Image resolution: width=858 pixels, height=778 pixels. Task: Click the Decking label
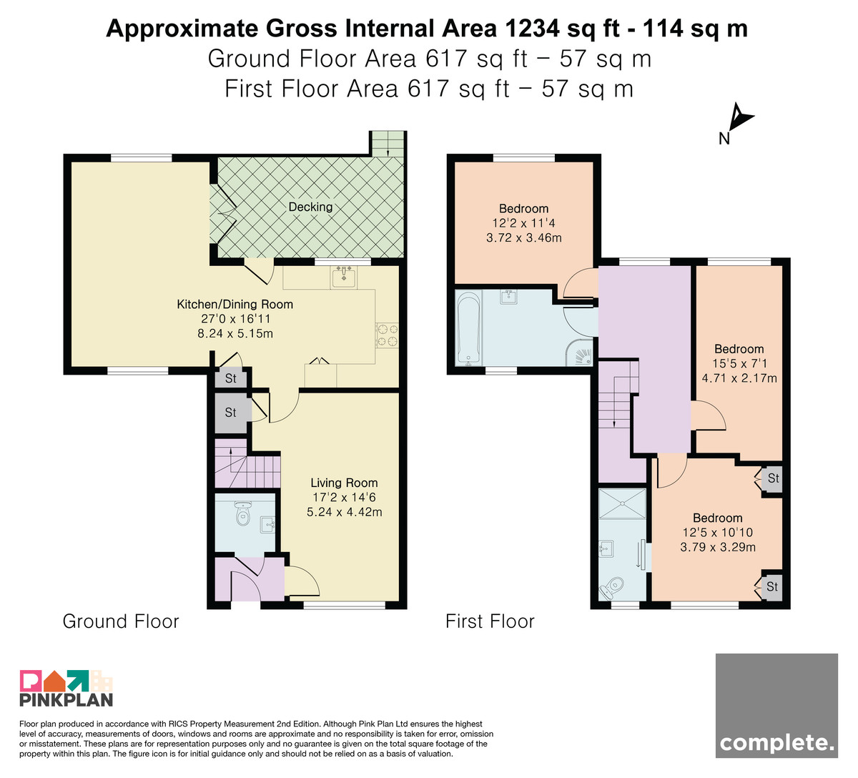[310, 207]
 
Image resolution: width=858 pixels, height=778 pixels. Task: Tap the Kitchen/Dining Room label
[235, 305]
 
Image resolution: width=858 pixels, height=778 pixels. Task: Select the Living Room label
[344, 483]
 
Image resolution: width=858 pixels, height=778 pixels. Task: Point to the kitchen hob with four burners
[387, 335]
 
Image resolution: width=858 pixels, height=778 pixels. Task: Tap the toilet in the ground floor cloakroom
[242, 513]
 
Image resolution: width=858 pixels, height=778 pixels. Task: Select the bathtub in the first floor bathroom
[468, 328]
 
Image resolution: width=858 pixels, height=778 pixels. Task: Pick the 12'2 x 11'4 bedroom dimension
[523, 223]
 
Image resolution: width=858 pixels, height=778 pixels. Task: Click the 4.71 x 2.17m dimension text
[739, 378]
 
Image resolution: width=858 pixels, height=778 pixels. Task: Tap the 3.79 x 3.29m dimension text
[718, 547]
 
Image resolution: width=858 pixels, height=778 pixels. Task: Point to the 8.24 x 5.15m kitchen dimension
[235, 333]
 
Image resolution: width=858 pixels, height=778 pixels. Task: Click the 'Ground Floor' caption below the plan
[121, 621]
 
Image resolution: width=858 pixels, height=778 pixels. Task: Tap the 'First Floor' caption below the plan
[490, 621]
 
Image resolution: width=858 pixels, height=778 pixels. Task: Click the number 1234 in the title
[532, 29]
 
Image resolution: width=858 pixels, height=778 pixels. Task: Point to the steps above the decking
[387, 143]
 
